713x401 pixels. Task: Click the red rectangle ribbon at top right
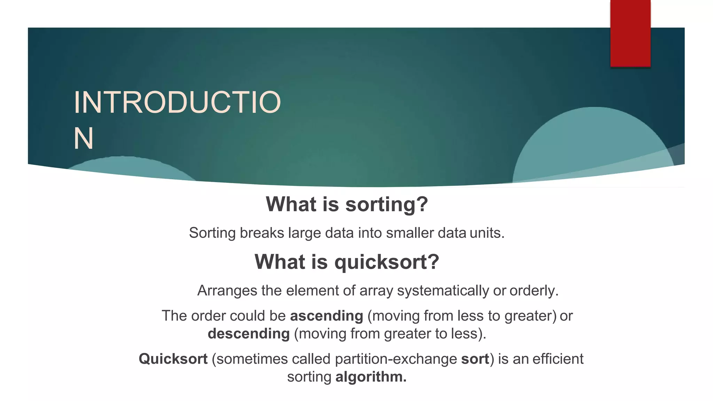click(630, 33)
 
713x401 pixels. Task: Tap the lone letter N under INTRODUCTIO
click(84, 139)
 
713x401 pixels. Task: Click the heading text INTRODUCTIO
click(177, 102)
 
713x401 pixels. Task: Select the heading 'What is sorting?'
click(347, 204)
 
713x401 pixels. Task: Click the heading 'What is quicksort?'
click(347, 262)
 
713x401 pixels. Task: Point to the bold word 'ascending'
click(327, 316)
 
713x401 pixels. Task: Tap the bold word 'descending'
click(249, 334)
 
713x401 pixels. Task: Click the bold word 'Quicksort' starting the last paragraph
click(173, 359)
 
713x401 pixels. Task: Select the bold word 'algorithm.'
click(371, 377)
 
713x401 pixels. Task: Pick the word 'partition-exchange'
click(396, 359)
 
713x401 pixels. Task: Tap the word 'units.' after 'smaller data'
click(487, 233)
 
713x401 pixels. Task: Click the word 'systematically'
click(443, 291)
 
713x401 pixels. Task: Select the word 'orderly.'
click(534, 291)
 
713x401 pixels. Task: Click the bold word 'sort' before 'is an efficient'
click(475, 359)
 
